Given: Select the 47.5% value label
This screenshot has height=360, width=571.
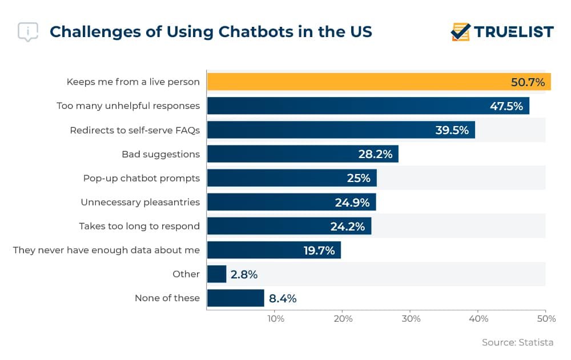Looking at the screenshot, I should [x=506, y=106].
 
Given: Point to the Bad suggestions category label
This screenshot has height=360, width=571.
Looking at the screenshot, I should [x=160, y=154].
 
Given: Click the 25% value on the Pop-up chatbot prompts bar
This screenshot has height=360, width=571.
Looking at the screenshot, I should [x=358, y=178].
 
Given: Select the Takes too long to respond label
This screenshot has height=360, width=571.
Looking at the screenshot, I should [x=139, y=226].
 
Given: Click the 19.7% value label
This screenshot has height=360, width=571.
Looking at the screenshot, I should [x=319, y=250].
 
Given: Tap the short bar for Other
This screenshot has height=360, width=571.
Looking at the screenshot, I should [x=216, y=274].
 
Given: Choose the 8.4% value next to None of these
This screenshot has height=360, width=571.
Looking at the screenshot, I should [x=283, y=298].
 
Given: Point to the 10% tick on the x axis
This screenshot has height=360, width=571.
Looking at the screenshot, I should [x=275, y=318].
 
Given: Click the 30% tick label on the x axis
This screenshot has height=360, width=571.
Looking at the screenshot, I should [x=411, y=318].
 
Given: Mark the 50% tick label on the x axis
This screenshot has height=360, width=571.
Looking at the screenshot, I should [x=545, y=318].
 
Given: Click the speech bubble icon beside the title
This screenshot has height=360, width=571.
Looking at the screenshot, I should [x=28, y=32].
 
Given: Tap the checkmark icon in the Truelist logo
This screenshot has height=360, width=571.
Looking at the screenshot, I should [x=460, y=32].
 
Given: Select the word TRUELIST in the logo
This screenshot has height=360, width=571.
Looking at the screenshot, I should [x=513, y=32].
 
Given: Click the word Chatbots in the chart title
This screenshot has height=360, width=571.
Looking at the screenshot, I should [x=211, y=31].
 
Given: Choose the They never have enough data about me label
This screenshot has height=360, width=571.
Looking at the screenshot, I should [x=106, y=250].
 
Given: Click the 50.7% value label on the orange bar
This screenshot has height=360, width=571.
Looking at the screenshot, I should [x=527, y=82].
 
